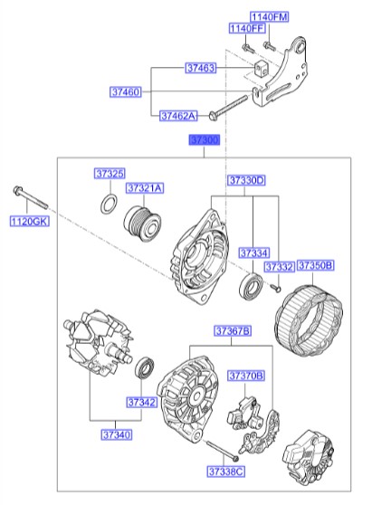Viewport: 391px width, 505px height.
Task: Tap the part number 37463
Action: [x=201, y=69]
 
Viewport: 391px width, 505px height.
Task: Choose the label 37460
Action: [x=127, y=92]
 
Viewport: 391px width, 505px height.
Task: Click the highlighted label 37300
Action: [x=204, y=140]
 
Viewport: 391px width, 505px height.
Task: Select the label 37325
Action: [x=110, y=173]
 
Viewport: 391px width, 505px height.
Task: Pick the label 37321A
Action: [x=145, y=188]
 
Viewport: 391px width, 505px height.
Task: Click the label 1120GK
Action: [x=28, y=221]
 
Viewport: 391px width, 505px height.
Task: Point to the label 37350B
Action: [x=316, y=266]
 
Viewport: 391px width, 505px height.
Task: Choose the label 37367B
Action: [x=232, y=330]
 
